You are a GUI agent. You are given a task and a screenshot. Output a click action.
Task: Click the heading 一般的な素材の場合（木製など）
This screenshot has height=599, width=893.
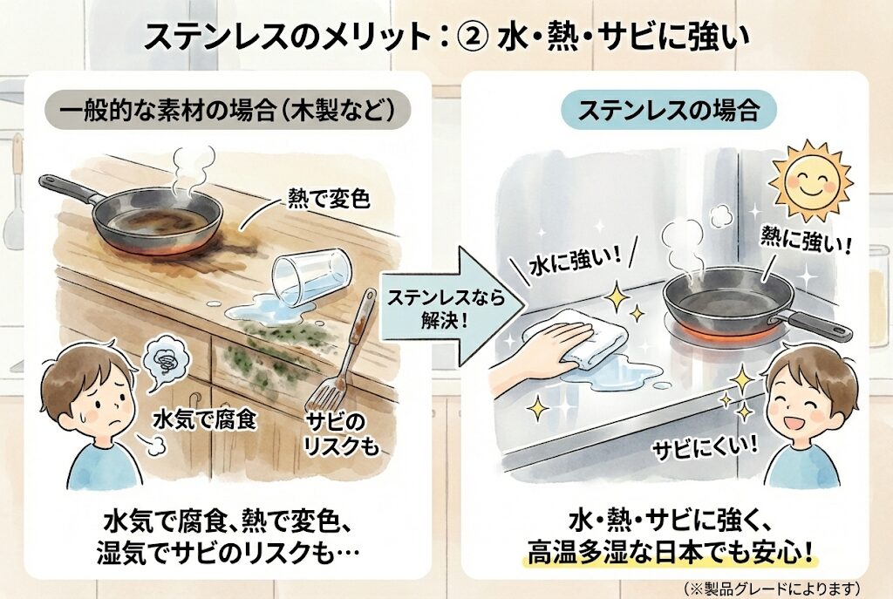(x=227, y=112)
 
